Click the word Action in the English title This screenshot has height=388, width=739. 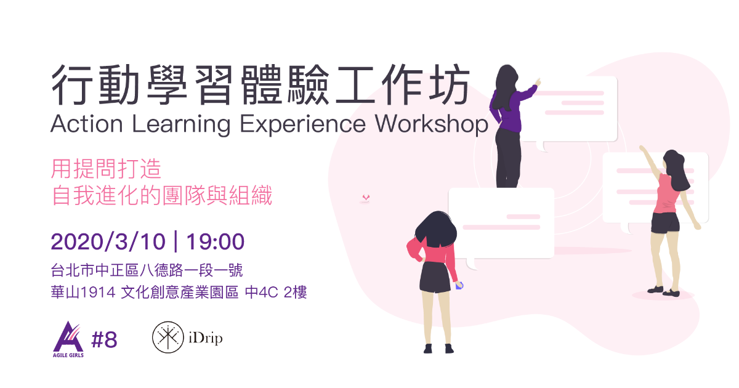coord(87,124)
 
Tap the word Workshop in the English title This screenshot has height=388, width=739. coord(432,124)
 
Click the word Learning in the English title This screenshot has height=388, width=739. coord(181,124)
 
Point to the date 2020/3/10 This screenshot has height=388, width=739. coord(108,242)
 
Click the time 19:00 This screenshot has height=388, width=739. coord(215,242)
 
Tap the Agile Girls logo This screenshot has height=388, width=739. coord(68,339)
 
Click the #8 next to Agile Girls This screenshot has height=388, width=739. coord(104,340)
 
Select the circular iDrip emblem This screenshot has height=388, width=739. coord(168,337)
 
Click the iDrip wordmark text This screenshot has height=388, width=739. coord(206,338)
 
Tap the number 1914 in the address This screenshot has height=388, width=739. coord(98,293)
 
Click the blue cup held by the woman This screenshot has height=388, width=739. coord(459,285)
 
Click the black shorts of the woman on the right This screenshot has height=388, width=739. coord(666,223)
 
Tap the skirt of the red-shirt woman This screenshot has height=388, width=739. coord(435,277)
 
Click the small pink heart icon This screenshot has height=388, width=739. coord(366,198)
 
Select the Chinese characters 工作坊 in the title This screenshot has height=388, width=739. coord(403,85)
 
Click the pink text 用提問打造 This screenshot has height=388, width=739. coord(106,169)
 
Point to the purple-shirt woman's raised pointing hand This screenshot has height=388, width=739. coord(537,82)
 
